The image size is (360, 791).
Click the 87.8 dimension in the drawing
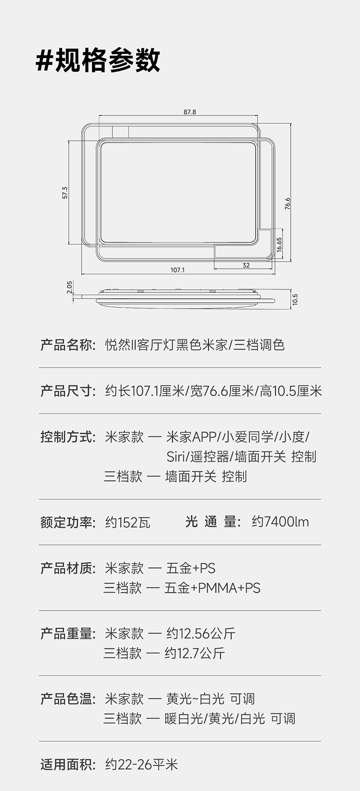[x=190, y=112]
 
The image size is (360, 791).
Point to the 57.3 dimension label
[x=65, y=193]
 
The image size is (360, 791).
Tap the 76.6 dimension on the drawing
[x=288, y=203]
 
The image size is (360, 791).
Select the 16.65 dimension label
[x=279, y=245]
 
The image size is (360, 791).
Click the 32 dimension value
[x=246, y=265]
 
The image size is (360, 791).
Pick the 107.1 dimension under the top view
[x=177, y=270]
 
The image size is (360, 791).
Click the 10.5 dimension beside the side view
[x=295, y=299]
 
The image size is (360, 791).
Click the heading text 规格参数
[x=108, y=61]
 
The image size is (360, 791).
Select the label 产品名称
[x=67, y=345]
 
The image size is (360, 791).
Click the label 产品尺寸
[x=67, y=391]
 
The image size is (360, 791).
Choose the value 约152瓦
[x=128, y=522]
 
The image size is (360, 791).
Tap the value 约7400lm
[x=280, y=522]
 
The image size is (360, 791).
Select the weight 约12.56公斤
[x=201, y=633]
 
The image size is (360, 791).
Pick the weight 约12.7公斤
[x=195, y=653]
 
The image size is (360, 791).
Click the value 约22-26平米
[x=141, y=764]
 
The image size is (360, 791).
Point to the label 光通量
[x=212, y=522]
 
